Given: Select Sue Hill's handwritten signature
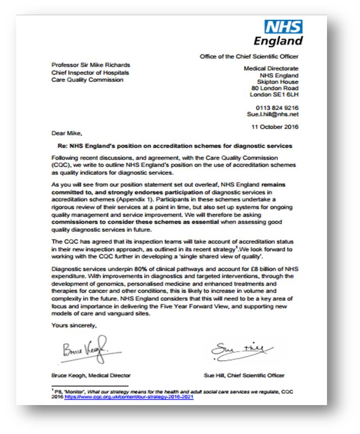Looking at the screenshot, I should click(x=241, y=350).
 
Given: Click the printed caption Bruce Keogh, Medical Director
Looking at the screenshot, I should click(x=91, y=376).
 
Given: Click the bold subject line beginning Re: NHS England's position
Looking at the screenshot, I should click(x=174, y=146).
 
